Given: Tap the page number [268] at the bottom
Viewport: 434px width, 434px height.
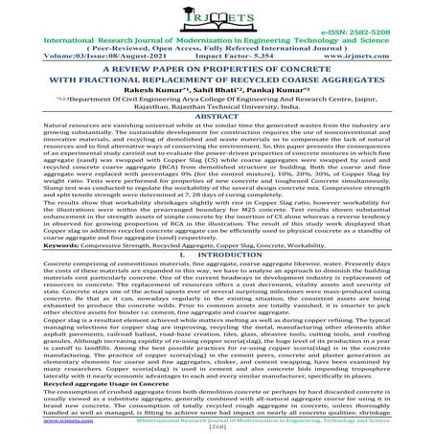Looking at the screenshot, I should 217,428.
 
